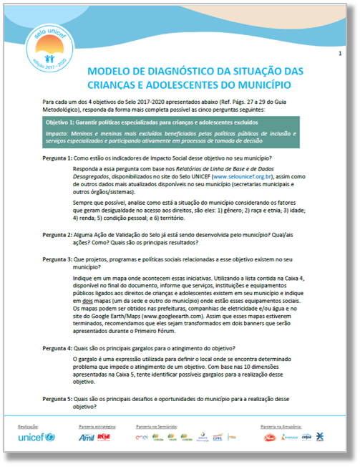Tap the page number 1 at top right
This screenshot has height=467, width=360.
[x=339, y=54]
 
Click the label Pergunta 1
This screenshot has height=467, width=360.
[x=56, y=158]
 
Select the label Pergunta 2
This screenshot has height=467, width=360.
[x=56, y=234]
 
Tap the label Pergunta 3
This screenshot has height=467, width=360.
[x=56, y=259]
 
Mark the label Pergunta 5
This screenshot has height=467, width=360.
[x=56, y=400]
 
